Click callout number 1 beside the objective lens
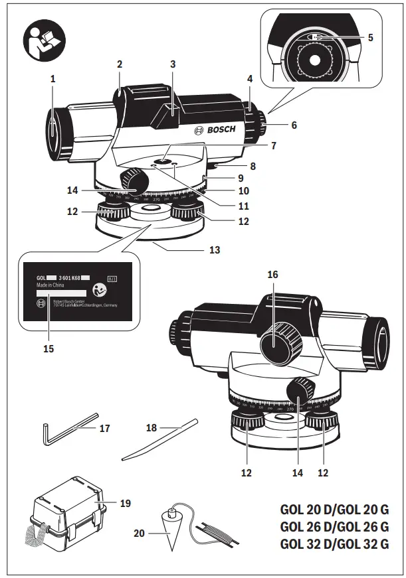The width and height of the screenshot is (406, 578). [x=52, y=78]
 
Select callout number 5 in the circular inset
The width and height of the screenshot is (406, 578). [x=370, y=38]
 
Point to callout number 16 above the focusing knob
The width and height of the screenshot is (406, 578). [x=272, y=273]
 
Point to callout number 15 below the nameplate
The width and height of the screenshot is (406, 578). [x=48, y=348]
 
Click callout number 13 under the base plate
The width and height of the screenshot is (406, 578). [x=214, y=251]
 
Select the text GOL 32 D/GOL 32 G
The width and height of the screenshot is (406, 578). [x=334, y=545]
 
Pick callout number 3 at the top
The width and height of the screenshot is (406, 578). [x=173, y=64]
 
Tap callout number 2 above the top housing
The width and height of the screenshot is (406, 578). [x=120, y=64]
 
